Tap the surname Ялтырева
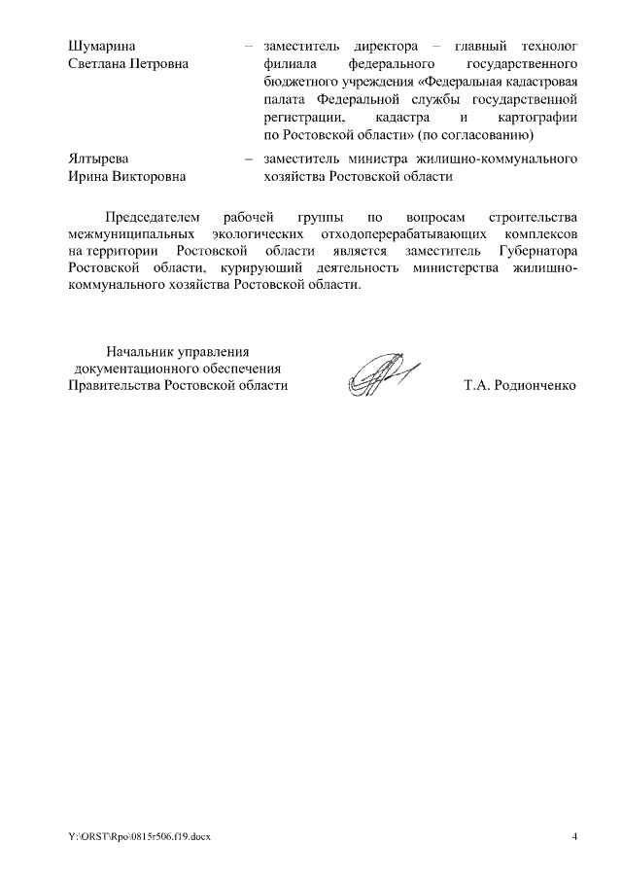[98, 158]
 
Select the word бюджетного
[297, 81]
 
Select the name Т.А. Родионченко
[520, 385]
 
